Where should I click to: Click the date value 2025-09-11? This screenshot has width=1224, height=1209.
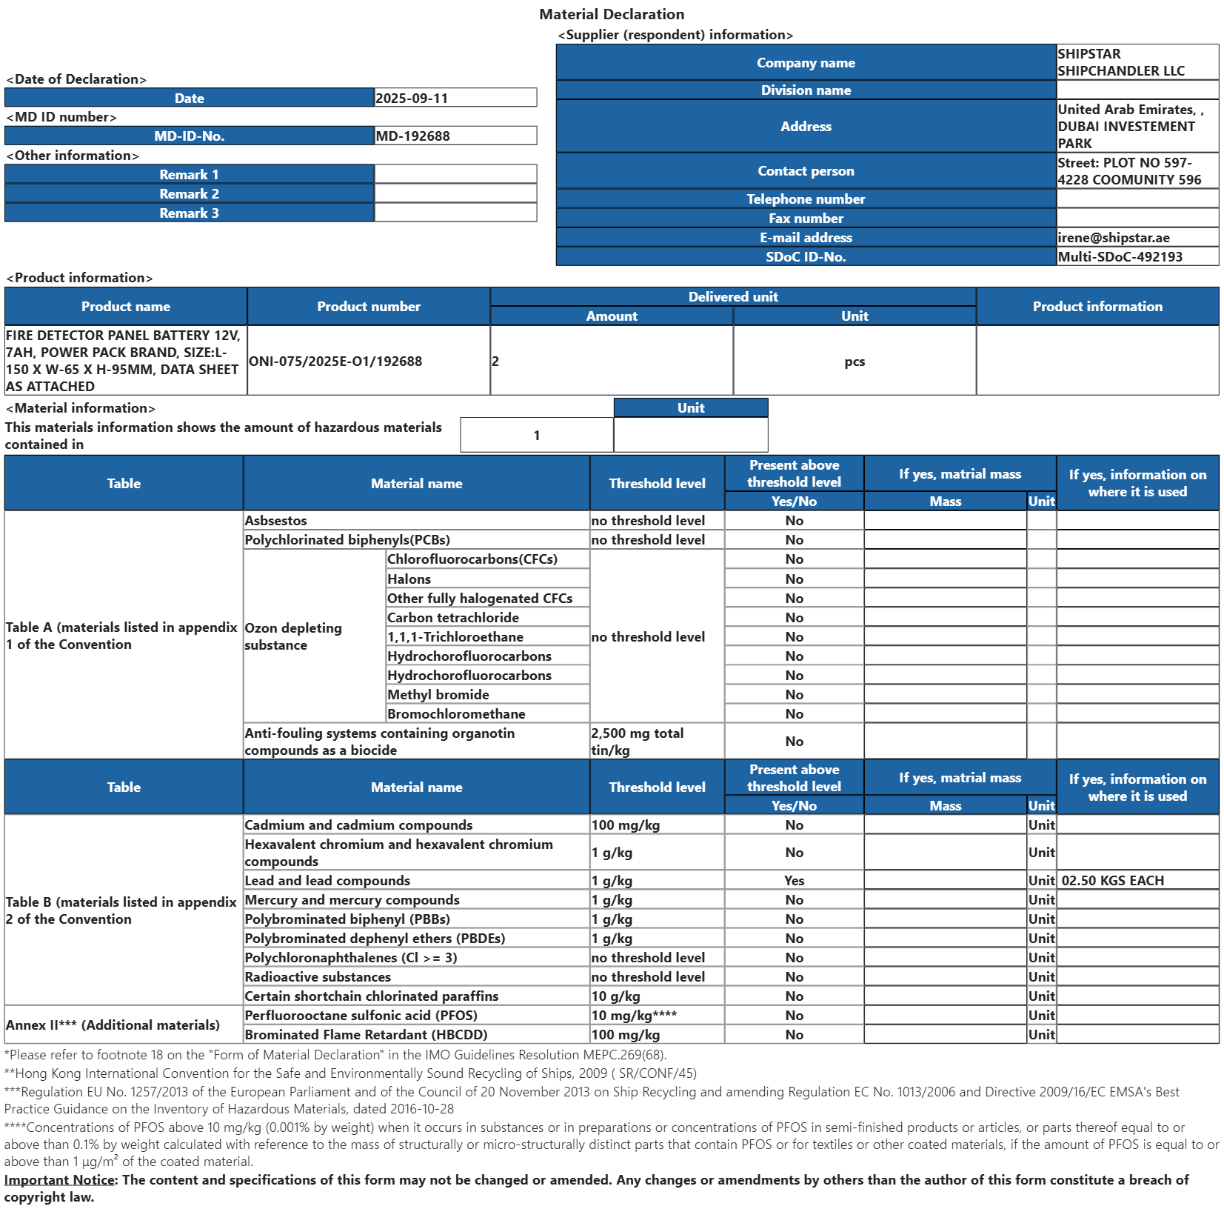coord(412,98)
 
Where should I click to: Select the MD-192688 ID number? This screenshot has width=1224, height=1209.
coord(412,136)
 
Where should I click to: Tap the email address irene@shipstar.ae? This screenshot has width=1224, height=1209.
coord(1113,237)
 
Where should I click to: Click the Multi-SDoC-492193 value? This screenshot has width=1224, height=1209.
coord(1120,256)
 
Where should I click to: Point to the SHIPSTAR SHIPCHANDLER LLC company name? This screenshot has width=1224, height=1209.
coord(1120,62)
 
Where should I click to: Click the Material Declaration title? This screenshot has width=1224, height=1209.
coord(612,14)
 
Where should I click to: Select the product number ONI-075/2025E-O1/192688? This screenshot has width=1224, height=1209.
coord(335,361)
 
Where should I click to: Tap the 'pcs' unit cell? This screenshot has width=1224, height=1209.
coord(855,362)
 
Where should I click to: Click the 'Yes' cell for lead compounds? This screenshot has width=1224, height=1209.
coord(794,880)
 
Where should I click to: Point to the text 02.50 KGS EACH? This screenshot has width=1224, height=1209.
coord(1112,880)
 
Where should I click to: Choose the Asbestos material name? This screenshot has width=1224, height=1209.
coord(275,520)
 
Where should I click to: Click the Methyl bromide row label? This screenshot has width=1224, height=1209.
coord(438,694)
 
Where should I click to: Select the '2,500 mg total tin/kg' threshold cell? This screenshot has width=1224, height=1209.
coord(638,741)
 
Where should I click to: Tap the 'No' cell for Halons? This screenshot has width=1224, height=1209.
coord(794,579)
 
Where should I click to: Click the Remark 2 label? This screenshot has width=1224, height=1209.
coord(189,193)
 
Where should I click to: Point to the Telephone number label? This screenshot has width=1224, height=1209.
coord(806,199)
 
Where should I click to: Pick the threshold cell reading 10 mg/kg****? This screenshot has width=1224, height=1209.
coord(634,1015)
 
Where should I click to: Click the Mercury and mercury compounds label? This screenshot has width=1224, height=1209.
coord(352,899)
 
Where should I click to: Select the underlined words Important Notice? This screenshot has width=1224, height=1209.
coord(60,1179)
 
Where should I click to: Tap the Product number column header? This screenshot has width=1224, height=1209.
coord(368,306)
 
